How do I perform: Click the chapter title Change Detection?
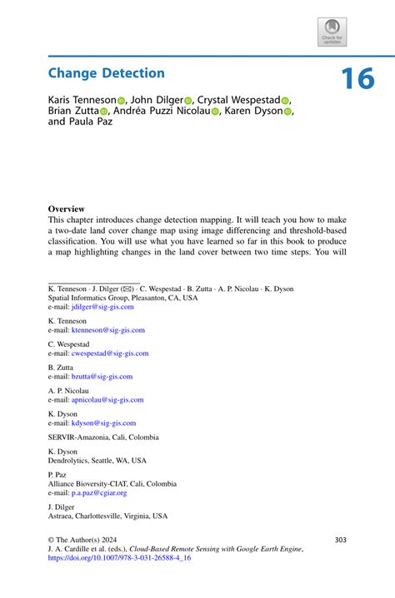coord(106,73)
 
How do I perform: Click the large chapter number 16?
coord(357,78)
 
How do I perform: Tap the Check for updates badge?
coord(332,32)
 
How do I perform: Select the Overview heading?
coord(66,209)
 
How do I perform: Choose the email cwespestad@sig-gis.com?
coord(105,353)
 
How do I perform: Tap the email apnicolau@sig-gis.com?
coord(102,399)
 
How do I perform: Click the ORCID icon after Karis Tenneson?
coord(121,100)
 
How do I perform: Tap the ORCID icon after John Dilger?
coord(188,100)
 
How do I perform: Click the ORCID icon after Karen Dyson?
coord(288,111)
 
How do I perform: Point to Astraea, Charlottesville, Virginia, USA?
coord(107,516)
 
